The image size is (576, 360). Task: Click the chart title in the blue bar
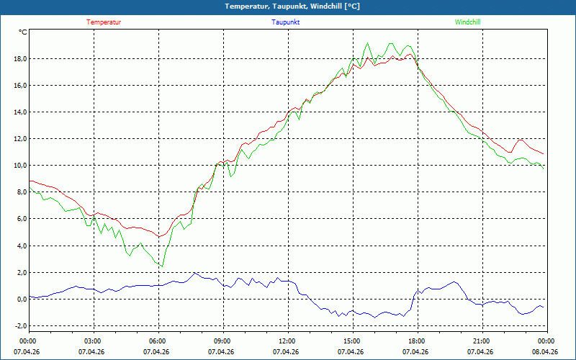[x=292, y=6]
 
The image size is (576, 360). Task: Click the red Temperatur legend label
[x=104, y=22]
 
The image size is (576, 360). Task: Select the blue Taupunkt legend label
[x=285, y=22]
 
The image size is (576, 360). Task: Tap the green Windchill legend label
[x=467, y=22]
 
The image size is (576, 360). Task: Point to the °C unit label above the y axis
[x=23, y=32]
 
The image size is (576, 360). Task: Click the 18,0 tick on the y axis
[x=20, y=59]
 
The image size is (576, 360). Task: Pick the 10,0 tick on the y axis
[x=20, y=166]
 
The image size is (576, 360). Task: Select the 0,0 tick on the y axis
[x=22, y=299]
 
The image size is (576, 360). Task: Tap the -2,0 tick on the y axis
[x=21, y=326]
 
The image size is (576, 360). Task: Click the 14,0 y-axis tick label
[x=20, y=112]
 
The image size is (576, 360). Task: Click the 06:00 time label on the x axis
[x=158, y=341]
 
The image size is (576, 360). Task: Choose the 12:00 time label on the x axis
[x=289, y=341]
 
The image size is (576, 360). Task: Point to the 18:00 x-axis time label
[x=418, y=341]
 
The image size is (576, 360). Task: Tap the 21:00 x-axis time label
[x=482, y=341]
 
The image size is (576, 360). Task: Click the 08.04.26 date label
[x=545, y=351]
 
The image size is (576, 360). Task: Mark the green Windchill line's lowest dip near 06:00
[x=163, y=266]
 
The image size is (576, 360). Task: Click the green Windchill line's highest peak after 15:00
[x=367, y=43]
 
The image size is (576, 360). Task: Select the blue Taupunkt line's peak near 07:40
[x=194, y=273]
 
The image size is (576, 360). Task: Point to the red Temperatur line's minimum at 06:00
[x=158, y=236]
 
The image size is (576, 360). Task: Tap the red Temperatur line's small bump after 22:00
[x=520, y=140]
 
